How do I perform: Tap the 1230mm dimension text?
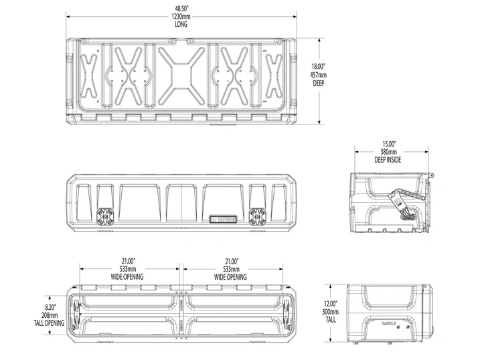[x=180, y=17]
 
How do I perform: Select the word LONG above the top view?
[x=180, y=25]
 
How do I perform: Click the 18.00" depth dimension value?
[x=317, y=67]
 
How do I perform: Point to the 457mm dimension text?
[x=317, y=75]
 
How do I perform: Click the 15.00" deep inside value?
[x=389, y=144]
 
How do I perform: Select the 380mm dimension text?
[x=389, y=152]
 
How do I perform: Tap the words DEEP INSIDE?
[x=389, y=160]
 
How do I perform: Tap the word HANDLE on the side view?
[x=389, y=323]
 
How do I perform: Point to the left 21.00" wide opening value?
[x=129, y=262]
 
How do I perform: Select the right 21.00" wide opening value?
[x=230, y=262]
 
